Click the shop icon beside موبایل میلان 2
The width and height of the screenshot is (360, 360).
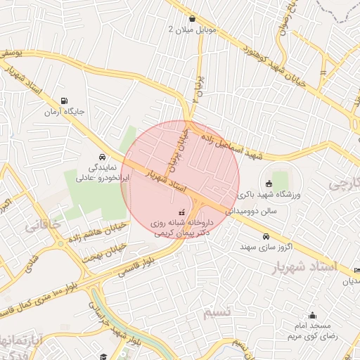(192, 18)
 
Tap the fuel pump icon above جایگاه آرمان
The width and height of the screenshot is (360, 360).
(65, 101)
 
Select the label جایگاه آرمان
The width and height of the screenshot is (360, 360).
(65, 112)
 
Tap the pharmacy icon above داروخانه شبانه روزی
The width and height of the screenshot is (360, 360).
(181, 211)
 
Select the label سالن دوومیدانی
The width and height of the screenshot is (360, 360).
(262, 210)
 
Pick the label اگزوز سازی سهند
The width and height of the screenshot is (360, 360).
(265, 247)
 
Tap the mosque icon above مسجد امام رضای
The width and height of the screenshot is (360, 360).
(312, 316)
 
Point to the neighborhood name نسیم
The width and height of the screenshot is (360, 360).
(217, 311)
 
